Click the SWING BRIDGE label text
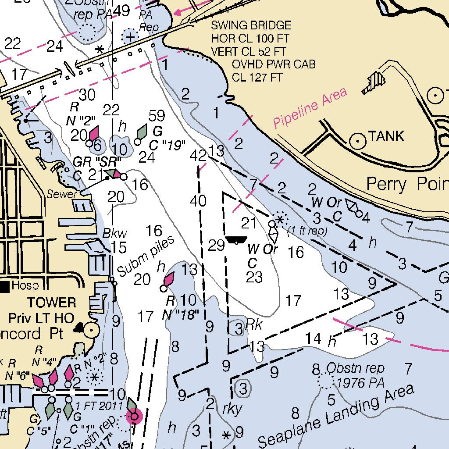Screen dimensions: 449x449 tap(251, 25)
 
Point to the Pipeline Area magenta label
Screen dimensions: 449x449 tap(310, 107)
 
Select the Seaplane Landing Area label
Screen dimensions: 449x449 tap(336, 416)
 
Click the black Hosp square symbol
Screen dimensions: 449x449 tap(5, 286)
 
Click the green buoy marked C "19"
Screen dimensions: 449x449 tap(141, 132)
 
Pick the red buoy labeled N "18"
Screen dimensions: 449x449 tap(169, 279)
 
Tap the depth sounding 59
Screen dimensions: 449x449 tap(157, 116)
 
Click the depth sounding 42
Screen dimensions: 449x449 tap(198, 155)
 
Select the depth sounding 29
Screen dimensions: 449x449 tap(216, 246)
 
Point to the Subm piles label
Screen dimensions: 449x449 tap(146, 257)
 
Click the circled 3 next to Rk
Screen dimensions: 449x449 tap(238, 328)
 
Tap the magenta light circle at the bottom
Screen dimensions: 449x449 tap(134, 416)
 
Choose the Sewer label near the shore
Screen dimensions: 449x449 tap(62, 195)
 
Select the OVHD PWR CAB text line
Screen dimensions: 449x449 tap(274, 64)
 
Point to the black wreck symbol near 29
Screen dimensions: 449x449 tap(236, 240)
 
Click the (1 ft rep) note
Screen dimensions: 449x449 tap(307, 231)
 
